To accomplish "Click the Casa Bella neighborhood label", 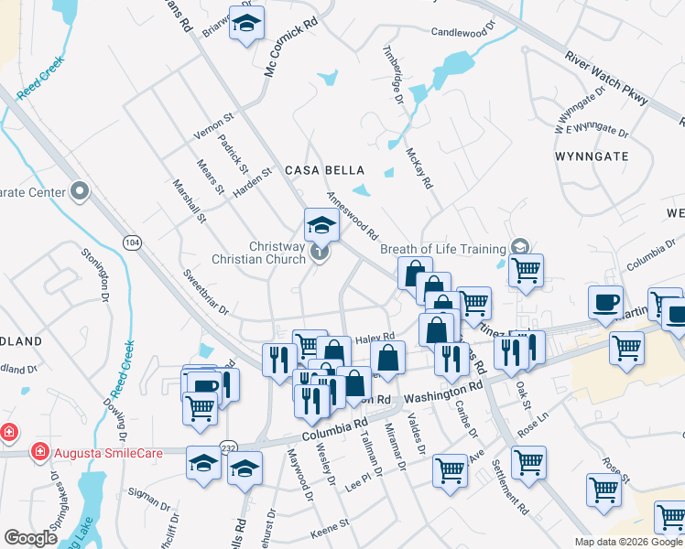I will (x=324, y=170).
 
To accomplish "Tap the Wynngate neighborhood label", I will (x=592, y=156).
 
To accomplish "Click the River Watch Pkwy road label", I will (x=606, y=80).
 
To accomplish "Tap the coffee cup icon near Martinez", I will (x=605, y=303).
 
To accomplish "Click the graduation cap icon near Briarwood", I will (x=245, y=26).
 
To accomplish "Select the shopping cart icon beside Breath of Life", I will (x=526, y=270).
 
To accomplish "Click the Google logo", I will (x=31, y=538).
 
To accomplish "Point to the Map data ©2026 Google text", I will (x=628, y=541).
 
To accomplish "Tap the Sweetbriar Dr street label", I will (x=204, y=291).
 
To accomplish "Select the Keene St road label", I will (x=330, y=524).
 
